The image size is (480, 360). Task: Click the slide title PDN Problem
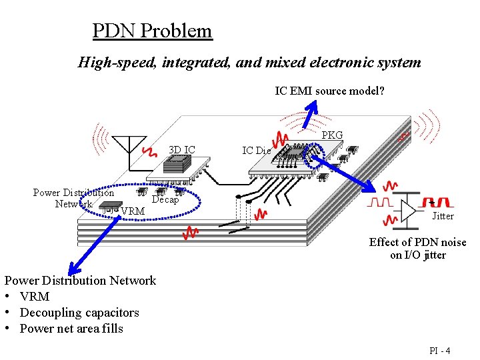click(152, 31)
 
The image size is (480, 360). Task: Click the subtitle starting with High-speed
click(249, 63)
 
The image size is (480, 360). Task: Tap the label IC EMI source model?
click(329, 91)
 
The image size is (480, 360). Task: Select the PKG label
click(332, 135)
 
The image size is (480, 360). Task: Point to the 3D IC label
click(181, 149)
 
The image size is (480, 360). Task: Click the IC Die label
click(256, 151)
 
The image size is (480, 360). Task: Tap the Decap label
click(165, 199)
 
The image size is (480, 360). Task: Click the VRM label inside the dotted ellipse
click(133, 211)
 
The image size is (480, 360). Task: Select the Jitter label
click(443, 216)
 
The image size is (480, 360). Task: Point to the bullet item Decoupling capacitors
click(79, 313)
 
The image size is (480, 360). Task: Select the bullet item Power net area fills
click(71, 328)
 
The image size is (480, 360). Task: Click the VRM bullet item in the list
click(35, 297)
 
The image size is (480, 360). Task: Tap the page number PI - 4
click(440, 351)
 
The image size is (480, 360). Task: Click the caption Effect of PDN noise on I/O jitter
click(417, 249)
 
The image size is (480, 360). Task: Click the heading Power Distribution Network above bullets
click(80, 281)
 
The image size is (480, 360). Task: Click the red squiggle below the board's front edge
click(191, 233)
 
